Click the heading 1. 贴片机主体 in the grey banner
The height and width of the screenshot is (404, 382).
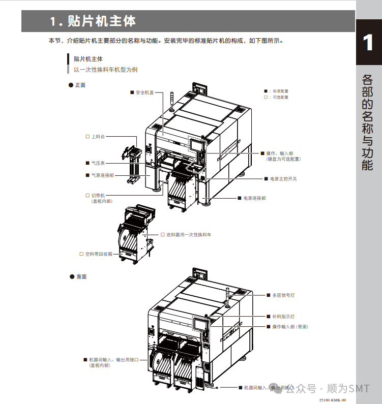[93, 21]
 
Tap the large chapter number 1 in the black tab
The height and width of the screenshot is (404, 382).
[368, 42]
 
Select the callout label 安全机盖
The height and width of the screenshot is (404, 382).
[144, 92]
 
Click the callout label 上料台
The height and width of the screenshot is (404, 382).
[98, 137]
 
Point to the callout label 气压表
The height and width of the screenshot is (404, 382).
[98, 163]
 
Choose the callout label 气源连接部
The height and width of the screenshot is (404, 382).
[102, 175]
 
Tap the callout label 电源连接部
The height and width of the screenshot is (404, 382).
[254, 198]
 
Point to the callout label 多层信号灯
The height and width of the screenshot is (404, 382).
[283, 295]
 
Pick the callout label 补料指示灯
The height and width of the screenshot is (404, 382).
[283, 316]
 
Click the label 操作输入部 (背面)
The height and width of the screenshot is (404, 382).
[290, 326]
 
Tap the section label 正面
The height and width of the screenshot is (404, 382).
[80, 85]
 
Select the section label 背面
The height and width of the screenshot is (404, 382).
[81, 276]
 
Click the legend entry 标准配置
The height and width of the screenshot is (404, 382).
[280, 91]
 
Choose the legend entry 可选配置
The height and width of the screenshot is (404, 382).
[280, 97]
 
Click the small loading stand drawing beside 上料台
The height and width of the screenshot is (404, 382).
[131, 162]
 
